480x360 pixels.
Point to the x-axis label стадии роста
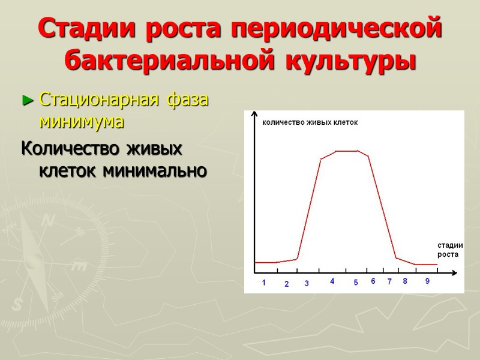[448, 249]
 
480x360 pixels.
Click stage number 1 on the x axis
[264, 283]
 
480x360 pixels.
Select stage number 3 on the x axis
[307, 283]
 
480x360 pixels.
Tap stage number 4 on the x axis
[332, 281]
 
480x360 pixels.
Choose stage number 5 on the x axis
[355, 283]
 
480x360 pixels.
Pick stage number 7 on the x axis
[389, 281]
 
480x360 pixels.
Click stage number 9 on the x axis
[427, 281]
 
